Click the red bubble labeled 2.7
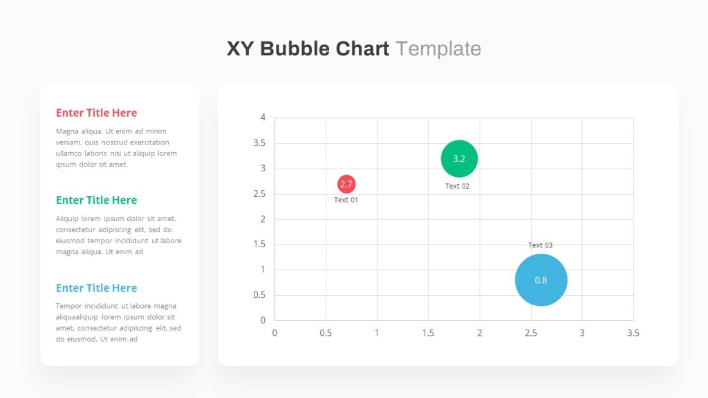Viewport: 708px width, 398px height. tap(346, 184)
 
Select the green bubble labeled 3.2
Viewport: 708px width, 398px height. tap(459, 159)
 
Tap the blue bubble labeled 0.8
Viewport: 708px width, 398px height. tap(541, 281)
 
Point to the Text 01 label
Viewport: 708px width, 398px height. tap(346, 200)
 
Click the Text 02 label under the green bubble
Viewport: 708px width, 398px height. tap(458, 186)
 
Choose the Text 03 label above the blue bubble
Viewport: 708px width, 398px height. tap(541, 245)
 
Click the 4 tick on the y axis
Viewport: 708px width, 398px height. tap(263, 117)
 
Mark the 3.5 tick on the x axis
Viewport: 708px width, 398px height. tap(633, 333)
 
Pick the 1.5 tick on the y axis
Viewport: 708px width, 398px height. tap(259, 244)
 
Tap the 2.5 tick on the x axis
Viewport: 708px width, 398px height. tap(531, 333)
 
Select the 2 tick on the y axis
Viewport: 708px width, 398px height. tap(263, 219)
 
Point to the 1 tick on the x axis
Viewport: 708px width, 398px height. tap(377, 333)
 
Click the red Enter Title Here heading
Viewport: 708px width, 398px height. tap(96, 113)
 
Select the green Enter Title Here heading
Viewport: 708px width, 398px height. tap(96, 200)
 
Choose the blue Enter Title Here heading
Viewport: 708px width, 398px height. tap(96, 288)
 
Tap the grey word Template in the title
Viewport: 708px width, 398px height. tap(438, 49)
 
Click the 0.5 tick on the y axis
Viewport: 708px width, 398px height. tap(259, 294)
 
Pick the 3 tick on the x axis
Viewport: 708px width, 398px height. tap(582, 333)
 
